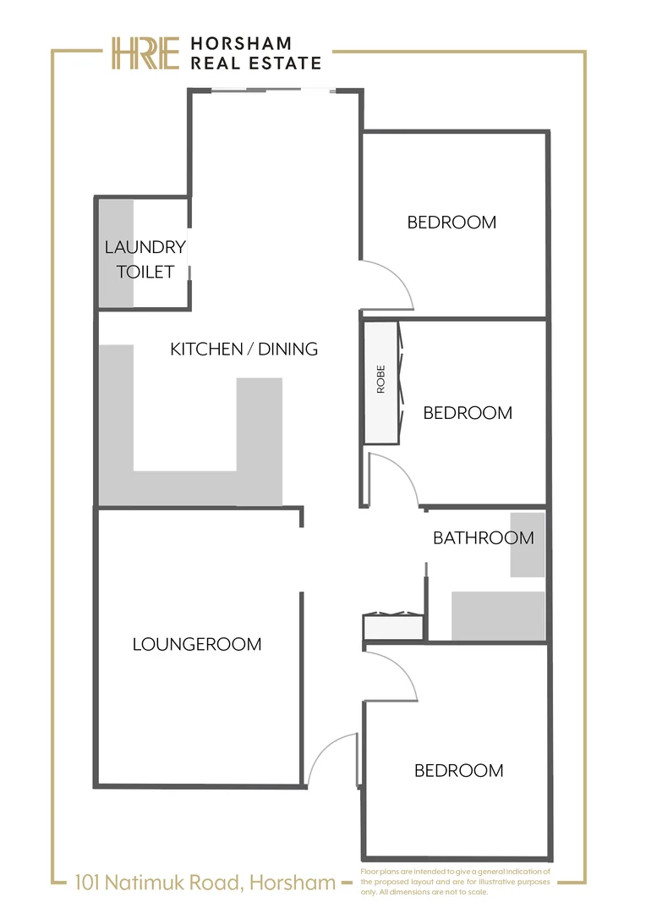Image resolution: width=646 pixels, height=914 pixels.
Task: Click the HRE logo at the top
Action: [x=145, y=53]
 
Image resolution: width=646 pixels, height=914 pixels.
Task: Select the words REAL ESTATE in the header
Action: [x=256, y=63]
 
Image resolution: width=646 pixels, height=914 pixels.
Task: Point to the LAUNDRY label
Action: [x=145, y=247]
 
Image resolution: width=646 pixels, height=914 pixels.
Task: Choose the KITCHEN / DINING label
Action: [x=244, y=349]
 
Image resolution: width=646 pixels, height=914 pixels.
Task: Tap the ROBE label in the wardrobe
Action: [x=380, y=380]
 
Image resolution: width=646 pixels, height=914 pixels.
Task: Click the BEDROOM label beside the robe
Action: [x=467, y=413]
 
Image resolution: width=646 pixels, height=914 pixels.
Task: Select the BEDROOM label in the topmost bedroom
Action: [x=452, y=223]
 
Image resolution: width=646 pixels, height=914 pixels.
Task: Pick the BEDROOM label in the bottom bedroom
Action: [x=458, y=771]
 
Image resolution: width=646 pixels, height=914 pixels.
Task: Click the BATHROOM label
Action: [x=483, y=538]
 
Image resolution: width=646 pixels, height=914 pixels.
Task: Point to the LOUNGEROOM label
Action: [x=197, y=645]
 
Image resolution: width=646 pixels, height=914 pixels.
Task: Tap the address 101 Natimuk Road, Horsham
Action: [x=205, y=884]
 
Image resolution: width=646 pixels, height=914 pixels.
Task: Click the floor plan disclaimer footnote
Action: [x=455, y=881]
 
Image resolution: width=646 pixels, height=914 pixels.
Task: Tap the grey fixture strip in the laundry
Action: [x=116, y=254]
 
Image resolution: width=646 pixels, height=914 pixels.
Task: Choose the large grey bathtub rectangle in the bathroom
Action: [x=498, y=615]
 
